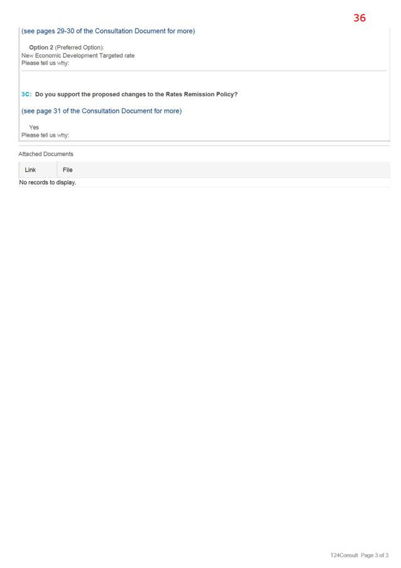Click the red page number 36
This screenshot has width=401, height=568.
(x=360, y=18)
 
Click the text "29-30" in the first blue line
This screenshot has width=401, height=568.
(x=65, y=31)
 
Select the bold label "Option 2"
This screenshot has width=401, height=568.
(x=41, y=47)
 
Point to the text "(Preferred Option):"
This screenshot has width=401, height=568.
(x=80, y=47)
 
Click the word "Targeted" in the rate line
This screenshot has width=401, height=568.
(x=111, y=55)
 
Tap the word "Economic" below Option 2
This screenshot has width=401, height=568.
(x=48, y=55)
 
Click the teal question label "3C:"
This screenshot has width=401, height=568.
(x=26, y=94)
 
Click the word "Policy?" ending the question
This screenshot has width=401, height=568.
(x=227, y=94)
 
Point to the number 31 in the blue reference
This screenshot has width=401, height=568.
(x=57, y=111)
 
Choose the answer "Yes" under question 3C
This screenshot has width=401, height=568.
(x=34, y=127)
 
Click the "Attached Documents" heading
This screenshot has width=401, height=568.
(x=46, y=154)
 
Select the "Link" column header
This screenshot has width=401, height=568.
(x=30, y=170)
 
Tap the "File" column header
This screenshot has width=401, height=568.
(x=68, y=170)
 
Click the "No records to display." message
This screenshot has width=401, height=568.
(x=48, y=182)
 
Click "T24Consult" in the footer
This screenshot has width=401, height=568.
(x=344, y=555)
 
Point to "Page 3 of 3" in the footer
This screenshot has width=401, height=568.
(x=375, y=555)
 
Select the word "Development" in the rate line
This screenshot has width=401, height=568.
(x=80, y=55)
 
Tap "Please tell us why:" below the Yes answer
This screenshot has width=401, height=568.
(x=45, y=135)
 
